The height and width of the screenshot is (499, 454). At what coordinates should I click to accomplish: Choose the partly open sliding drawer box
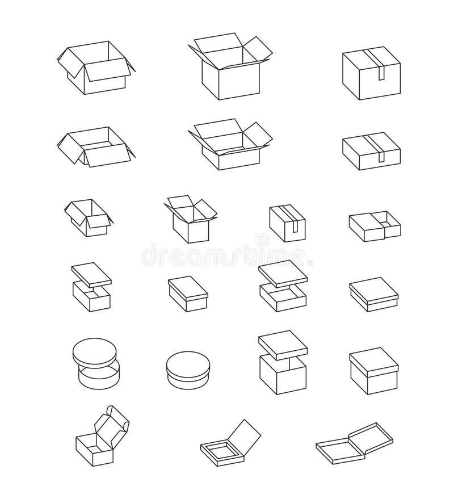(x=375, y=224)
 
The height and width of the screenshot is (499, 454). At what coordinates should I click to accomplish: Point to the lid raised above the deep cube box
(x=282, y=342)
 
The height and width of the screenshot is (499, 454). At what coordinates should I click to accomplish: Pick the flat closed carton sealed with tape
(x=371, y=151)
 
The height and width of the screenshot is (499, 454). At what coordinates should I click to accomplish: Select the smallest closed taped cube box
(x=288, y=225)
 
